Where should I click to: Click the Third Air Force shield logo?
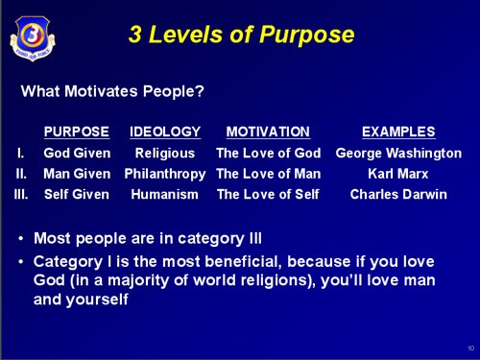pos(33,38)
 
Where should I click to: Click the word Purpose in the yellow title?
pos(306,36)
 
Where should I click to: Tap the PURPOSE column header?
pos(77,132)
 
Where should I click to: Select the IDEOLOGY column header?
pos(165,132)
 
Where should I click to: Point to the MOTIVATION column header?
pos(268,132)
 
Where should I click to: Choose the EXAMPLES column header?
pos(398,132)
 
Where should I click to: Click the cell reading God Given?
pos(77,153)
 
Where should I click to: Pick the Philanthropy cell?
pos(165,175)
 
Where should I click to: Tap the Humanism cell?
pos(165,194)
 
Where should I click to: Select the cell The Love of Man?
pos(269,174)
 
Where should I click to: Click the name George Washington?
pos(398,154)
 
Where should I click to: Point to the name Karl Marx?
pos(398,174)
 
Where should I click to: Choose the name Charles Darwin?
pos(398,194)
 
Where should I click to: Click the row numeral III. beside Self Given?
pos(21,194)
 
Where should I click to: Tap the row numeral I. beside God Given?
pos(20,154)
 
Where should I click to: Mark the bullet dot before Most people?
pos(21,239)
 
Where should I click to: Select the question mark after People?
pos(199,91)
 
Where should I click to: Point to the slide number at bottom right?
pos(470,348)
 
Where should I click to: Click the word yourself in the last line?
pos(97,300)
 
